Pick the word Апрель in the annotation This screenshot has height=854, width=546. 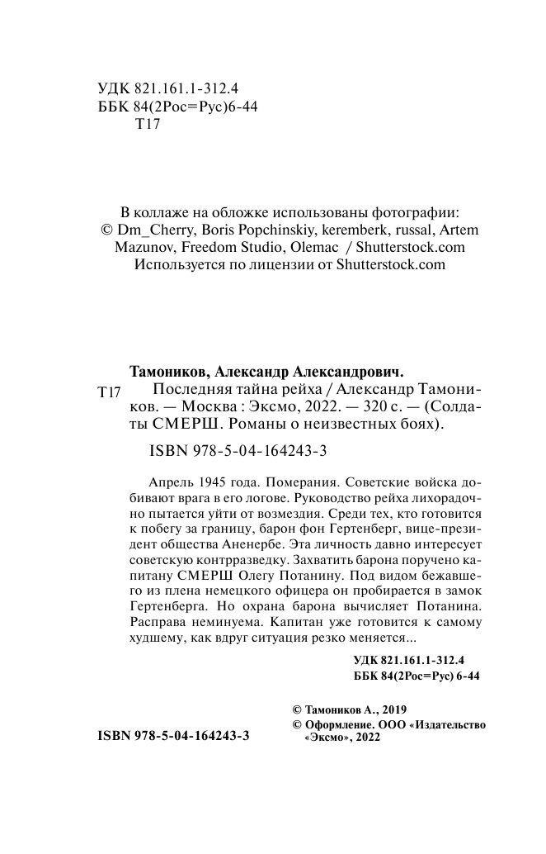168,481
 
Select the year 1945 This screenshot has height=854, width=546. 214,481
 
